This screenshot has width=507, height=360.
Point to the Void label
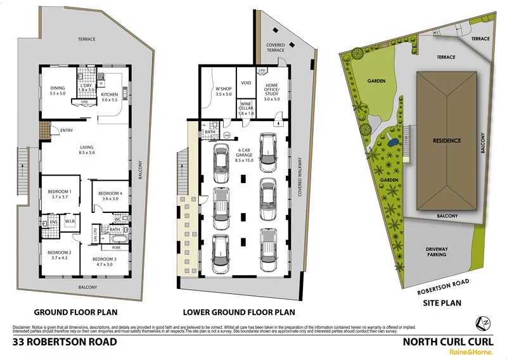247,83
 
